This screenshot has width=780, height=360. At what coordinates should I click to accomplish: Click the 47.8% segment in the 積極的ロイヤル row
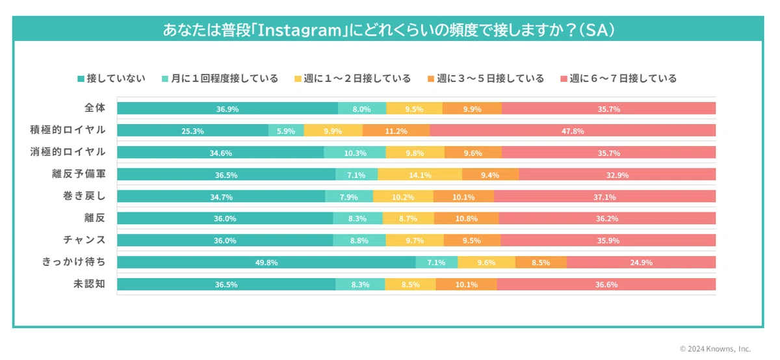[573, 131]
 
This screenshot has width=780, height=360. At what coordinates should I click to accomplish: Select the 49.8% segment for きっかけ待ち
[266, 262]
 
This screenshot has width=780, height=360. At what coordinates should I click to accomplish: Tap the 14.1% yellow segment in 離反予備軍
[420, 174]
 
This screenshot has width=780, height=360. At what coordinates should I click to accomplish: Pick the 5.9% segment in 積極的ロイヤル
[286, 131]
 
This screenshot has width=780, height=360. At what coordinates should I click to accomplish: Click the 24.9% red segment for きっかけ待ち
[641, 262]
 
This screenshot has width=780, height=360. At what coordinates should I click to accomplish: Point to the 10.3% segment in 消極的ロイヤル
[355, 153]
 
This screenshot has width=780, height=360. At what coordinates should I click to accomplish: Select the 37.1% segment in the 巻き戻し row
[604, 196]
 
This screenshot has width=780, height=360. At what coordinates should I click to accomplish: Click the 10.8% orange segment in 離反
[466, 218]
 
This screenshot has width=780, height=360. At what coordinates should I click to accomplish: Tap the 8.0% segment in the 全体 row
[362, 109]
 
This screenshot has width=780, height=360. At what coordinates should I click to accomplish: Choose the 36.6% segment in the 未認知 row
[606, 284]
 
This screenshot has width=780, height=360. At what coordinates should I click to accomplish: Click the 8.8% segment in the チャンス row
[359, 240]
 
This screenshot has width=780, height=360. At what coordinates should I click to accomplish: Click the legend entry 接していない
[111, 79]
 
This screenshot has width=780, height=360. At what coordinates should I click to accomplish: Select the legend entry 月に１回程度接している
[220, 79]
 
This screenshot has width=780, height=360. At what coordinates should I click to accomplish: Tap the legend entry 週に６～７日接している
[618, 79]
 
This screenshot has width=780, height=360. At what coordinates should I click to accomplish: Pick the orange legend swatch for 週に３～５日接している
[431, 79]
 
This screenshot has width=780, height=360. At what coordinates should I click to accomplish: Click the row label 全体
[95, 108]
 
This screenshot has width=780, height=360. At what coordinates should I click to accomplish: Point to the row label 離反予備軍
[79, 174]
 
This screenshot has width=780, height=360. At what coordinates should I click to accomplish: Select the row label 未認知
[89, 284]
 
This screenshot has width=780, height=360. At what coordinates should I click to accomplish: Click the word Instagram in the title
[300, 31]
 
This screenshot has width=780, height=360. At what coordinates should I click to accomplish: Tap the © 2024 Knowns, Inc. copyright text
[715, 348]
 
